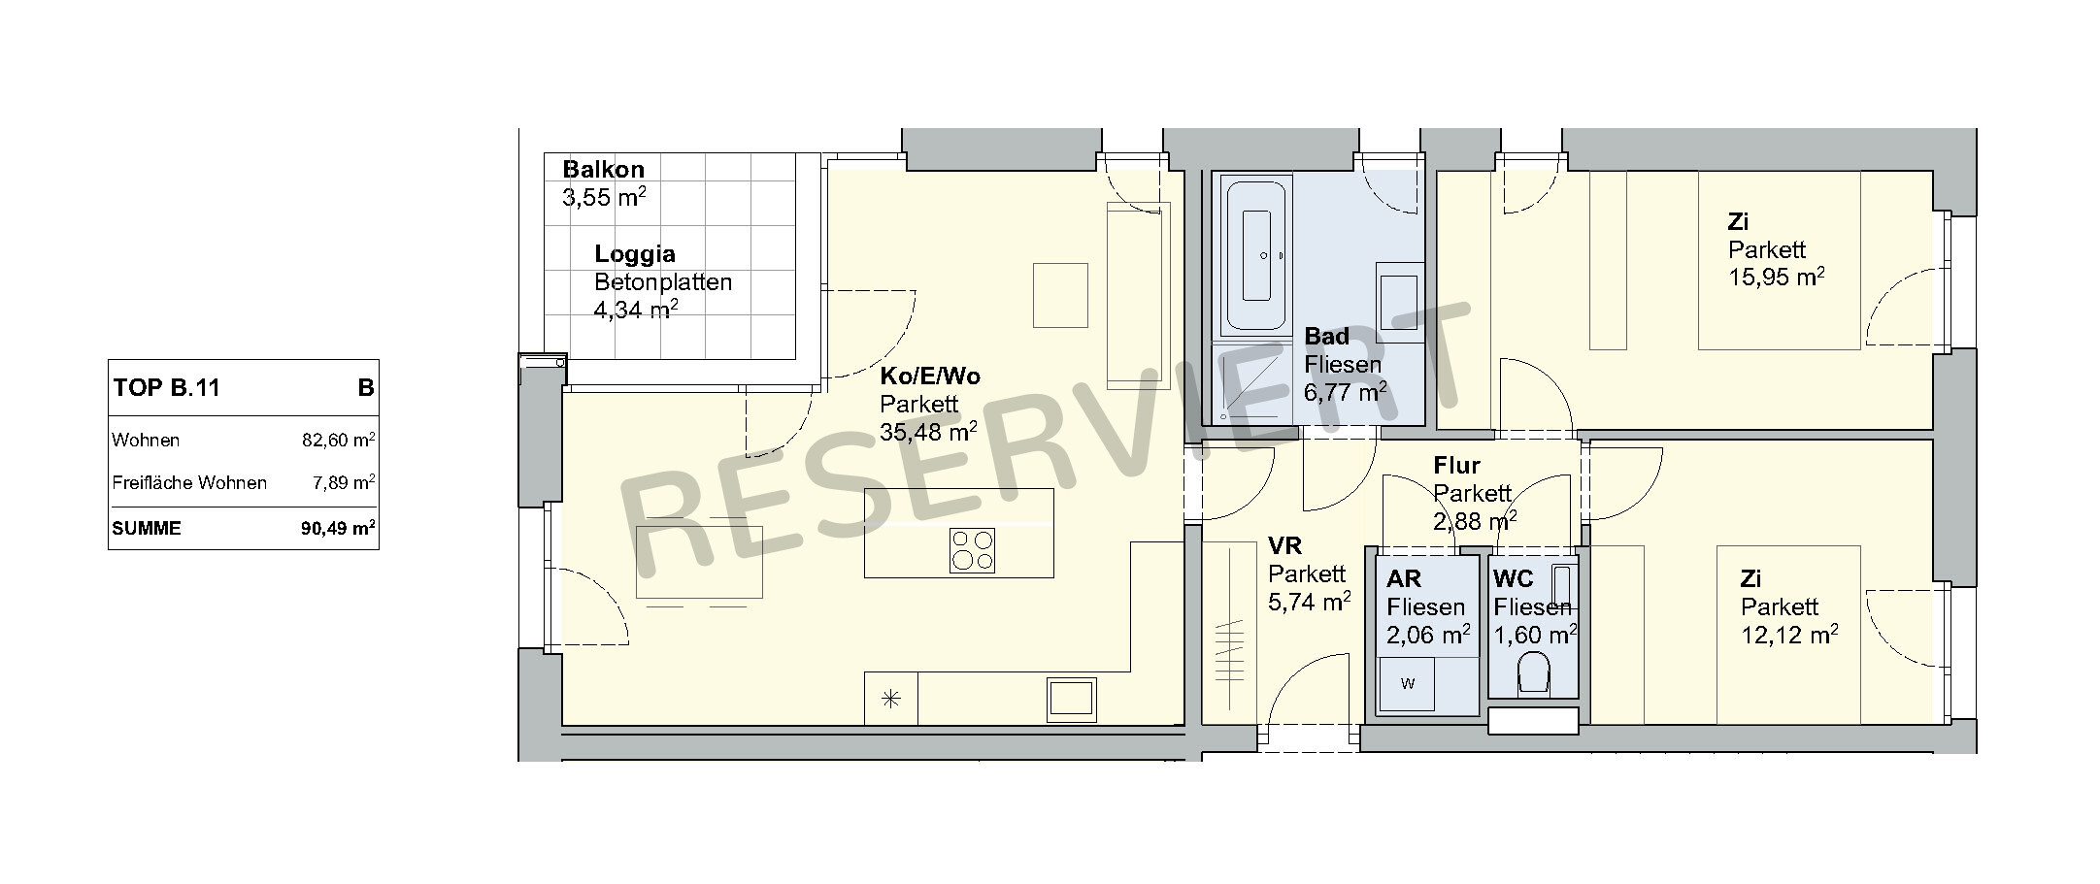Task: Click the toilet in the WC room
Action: point(1533,671)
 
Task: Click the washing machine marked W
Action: point(1408,683)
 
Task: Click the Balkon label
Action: point(603,170)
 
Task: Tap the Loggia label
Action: point(635,254)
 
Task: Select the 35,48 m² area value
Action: point(928,431)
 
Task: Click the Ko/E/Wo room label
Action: point(930,377)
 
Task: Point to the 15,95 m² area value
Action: point(1777,277)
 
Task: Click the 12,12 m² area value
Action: point(1789,635)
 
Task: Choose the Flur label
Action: point(1456,466)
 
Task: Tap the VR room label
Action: point(1284,545)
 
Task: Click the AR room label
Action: point(1404,579)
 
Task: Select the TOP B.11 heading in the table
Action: point(167,388)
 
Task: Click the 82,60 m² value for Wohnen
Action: point(339,440)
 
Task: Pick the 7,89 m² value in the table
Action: point(344,482)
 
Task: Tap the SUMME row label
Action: point(147,529)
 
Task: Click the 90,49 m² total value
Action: point(339,529)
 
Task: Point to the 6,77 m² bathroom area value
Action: point(1345,391)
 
